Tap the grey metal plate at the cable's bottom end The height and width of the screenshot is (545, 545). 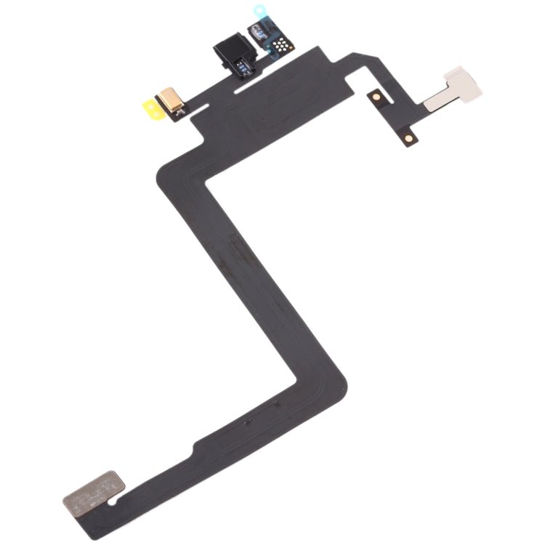tap(93, 489)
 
